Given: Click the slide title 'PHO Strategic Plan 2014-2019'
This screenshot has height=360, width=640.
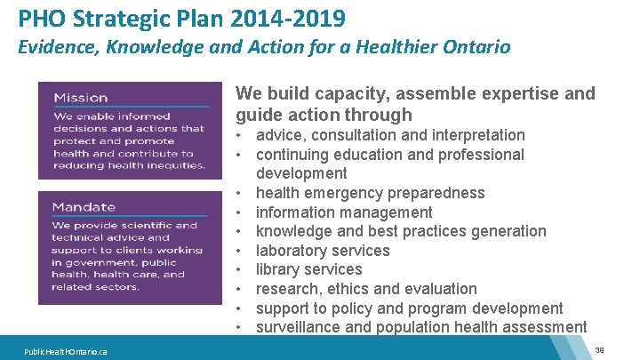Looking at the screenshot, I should pos(182,17).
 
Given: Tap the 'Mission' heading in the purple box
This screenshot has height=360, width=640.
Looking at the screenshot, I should pos(80,98).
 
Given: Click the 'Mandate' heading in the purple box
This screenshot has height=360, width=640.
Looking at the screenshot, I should pos(84,207).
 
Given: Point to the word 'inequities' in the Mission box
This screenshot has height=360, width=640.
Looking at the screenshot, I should pos(174,165).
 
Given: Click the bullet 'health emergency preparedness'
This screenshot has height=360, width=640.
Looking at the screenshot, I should pos(370,193).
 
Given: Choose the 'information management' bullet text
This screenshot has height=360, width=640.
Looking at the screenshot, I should pos(344,212).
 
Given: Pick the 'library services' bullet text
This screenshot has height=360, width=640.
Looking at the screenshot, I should pos(308,269).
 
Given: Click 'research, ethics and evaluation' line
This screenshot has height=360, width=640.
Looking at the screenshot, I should pos(366,289).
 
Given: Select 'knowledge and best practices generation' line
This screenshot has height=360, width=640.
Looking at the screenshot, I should pos(401,231).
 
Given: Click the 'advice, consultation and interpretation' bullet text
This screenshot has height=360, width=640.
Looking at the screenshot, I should pos(390,135).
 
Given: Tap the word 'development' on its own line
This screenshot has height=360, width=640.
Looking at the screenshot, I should pos(301,173).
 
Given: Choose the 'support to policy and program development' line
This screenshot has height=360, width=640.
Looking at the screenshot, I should pos(409,308).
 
